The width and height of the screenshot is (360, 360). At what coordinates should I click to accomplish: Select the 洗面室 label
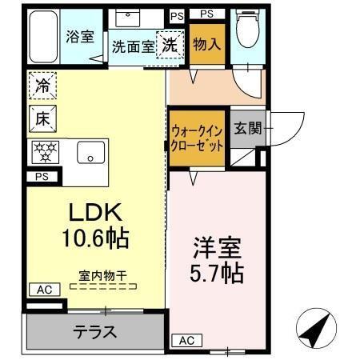[133, 47]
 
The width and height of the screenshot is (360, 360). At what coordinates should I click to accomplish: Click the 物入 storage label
[206, 44]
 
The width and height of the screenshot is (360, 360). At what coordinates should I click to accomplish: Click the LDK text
[93, 213]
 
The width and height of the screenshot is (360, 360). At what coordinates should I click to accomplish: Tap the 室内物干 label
[101, 275]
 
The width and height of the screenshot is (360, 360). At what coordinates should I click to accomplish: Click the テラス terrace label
[94, 331]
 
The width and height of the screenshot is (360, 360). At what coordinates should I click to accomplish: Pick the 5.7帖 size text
[216, 273]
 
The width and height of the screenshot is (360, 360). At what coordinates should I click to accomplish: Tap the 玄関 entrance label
[247, 128]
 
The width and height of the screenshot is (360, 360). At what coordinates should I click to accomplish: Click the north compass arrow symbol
[314, 328]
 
